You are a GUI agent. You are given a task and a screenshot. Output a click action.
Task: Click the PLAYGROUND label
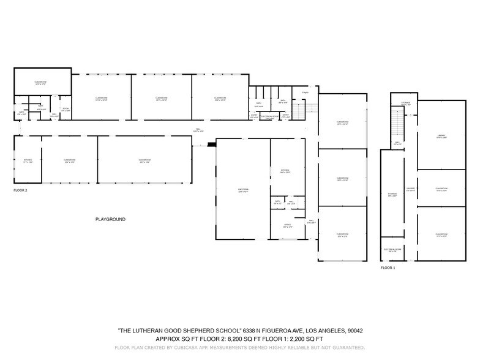tap(110, 219)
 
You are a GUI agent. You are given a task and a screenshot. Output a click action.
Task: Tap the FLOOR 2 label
tap(21, 190)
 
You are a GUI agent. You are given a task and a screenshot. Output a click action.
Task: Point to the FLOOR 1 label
tap(388, 268)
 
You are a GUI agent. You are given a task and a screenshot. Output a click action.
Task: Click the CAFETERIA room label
tap(243, 190)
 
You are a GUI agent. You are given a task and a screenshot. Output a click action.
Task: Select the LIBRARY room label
tap(441, 136)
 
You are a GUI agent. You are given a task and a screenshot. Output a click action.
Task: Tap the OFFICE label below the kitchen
tap(279, 227)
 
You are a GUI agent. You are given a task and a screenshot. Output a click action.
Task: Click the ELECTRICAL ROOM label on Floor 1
tap(392, 250)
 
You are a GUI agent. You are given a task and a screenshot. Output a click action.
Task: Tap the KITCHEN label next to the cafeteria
tap(284, 171)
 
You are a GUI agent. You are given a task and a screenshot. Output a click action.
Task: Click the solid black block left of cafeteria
tap(212, 145)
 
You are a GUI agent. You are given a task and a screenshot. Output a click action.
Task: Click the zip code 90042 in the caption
tap(355, 331)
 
